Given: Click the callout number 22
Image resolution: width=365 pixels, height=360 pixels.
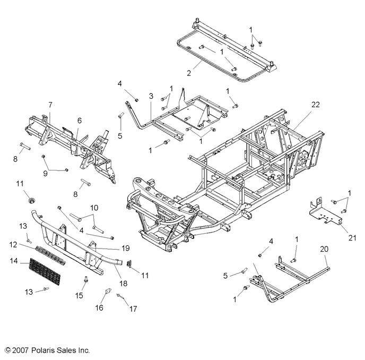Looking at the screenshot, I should pos(316,105).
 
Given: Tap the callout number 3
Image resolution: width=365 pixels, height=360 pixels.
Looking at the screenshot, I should pos(151,96).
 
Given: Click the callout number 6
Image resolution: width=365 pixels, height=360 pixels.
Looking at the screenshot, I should pos(80,121).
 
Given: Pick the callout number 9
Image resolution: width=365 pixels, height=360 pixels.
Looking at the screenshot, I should pos(45,173).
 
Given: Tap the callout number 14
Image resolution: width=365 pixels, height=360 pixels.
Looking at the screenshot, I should pos(14,261).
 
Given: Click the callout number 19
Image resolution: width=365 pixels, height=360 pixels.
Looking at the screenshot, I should pos(126,248).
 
